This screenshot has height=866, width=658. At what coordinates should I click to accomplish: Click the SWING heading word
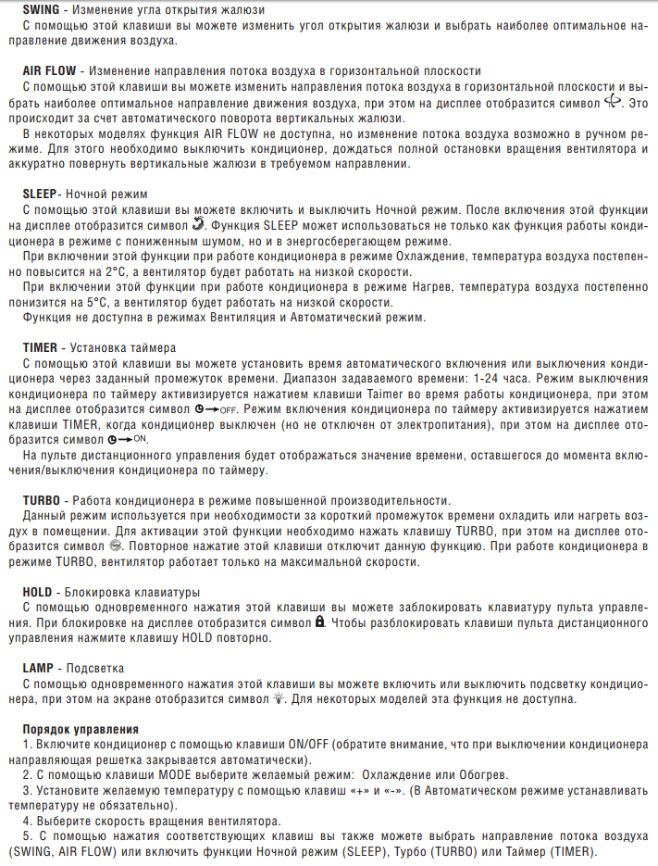coord(42,9)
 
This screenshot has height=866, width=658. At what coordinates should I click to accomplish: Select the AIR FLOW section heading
coord(51,70)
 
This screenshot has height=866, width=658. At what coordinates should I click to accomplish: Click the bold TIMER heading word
coord(41,348)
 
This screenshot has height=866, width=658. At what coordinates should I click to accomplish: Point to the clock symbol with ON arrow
coord(128,439)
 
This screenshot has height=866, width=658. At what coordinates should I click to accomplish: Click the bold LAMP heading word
coord(40,668)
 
